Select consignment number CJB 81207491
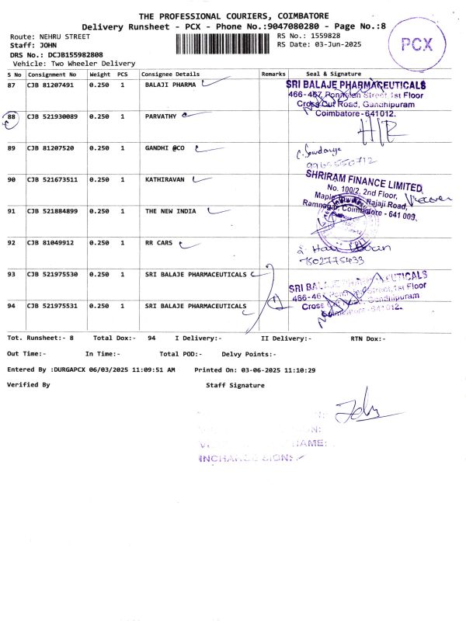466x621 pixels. pyautogui.click(x=51, y=85)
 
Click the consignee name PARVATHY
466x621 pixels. pyautogui.click(x=161, y=116)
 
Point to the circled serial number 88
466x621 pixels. pyautogui.click(x=12, y=116)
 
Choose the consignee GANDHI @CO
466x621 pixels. pyautogui.click(x=165, y=147)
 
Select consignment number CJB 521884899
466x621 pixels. pyautogui.click(x=54, y=210)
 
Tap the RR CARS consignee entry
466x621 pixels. pyautogui.click(x=159, y=242)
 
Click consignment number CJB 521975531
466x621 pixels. pyautogui.click(x=54, y=305)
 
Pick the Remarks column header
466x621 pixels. pyautogui.click(x=273, y=74)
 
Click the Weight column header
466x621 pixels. pyautogui.click(x=99, y=74)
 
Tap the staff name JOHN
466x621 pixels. pyautogui.click(x=48, y=45)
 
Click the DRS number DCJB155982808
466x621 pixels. pyautogui.click(x=75, y=54)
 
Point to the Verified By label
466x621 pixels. pyautogui.click(x=28, y=384)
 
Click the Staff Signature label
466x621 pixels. pyautogui.click(x=235, y=385)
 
